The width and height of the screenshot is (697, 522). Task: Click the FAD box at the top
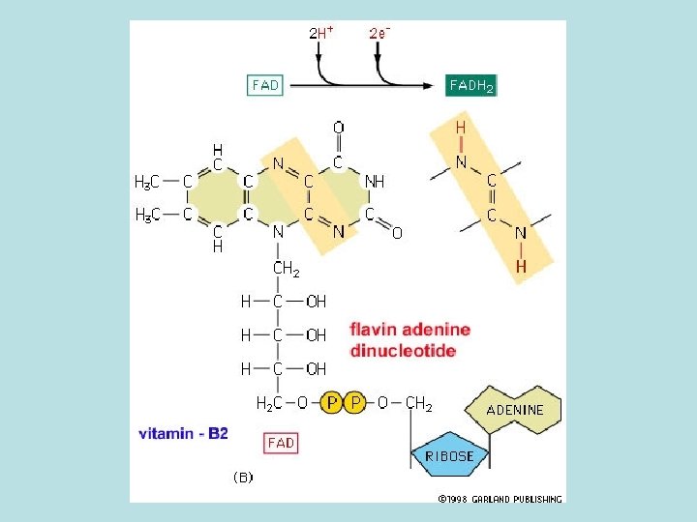(265, 85)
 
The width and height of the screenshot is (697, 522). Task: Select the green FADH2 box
(471, 85)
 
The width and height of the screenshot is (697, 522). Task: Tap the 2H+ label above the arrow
(321, 32)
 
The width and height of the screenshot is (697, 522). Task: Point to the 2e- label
(379, 32)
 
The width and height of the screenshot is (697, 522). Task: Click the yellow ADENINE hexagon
(514, 410)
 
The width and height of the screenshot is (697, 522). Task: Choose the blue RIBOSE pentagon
(447, 455)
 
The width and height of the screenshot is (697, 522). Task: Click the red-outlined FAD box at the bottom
(281, 443)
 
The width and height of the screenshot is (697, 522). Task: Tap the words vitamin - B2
(183, 433)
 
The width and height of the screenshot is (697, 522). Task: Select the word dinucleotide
(403, 351)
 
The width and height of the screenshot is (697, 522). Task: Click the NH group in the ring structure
(375, 181)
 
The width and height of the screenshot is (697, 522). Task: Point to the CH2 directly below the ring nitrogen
(286, 268)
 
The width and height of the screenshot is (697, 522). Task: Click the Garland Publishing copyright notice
(500, 499)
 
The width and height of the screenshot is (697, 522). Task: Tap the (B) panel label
(243, 477)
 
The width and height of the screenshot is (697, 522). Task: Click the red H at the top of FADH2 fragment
(461, 127)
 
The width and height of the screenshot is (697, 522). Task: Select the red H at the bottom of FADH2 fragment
(521, 266)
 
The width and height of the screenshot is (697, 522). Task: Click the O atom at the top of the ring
(338, 127)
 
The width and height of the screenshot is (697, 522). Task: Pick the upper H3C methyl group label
(147, 181)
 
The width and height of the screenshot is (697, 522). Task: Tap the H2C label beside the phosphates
(268, 402)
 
